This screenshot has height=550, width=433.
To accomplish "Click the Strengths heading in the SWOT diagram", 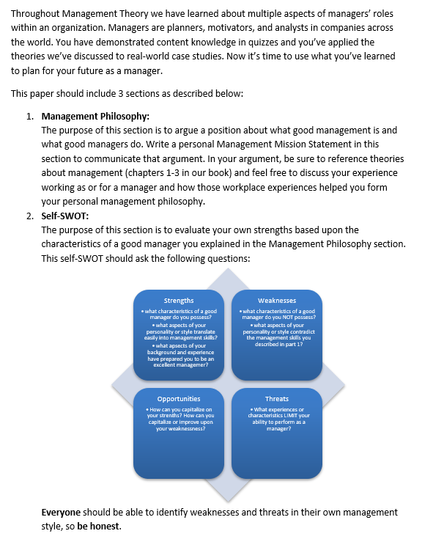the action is [179, 301].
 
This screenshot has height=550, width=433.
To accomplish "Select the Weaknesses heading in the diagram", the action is [277, 301].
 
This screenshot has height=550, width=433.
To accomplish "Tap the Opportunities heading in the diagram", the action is [180, 399].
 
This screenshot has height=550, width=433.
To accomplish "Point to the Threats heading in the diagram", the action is [277, 399].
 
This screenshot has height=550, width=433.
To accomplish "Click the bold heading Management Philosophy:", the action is [95, 117].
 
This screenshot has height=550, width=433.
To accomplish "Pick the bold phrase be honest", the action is [100, 526].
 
